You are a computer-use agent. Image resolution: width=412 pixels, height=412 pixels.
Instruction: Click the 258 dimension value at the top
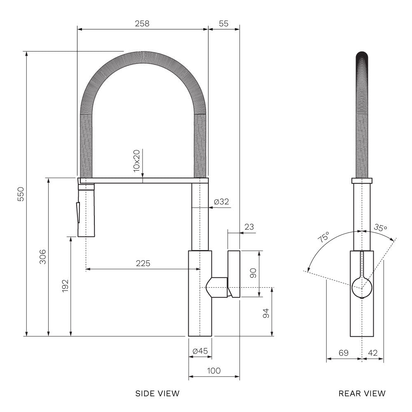tap(142, 23)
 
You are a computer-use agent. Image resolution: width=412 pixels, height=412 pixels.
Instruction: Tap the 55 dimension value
tap(224, 23)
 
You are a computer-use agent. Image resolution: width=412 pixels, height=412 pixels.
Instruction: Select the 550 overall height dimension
tap(21, 194)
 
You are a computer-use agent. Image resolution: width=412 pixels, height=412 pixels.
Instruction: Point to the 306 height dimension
tap(42, 257)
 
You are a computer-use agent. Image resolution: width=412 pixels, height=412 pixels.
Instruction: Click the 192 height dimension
tap(65, 286)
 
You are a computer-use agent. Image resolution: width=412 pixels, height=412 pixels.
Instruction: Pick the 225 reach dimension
tap(143, 263)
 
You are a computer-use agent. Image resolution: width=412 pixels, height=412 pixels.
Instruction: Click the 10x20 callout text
tap(136, 161)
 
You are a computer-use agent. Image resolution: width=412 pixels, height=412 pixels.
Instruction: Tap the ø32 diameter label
tap(222, 201)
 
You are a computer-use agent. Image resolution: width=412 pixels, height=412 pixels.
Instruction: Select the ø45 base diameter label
tap(200, 351)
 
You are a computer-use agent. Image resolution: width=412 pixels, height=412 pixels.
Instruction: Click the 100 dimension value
tap(214, 371)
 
